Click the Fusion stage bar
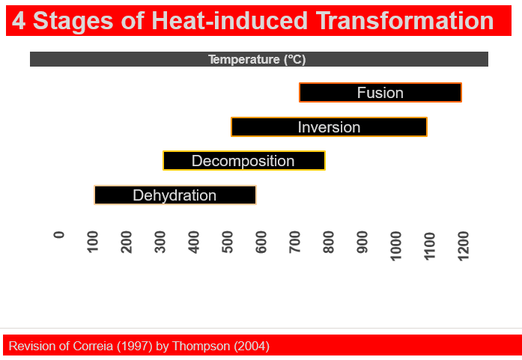[x=380, y=93]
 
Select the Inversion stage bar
[x=329, y=127]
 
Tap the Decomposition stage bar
[x=243, y=161]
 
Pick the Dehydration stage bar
[x=174, y=195]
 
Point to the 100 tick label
[x=93, y=242]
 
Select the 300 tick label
[x=160, y=242]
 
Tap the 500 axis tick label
[x=228, y=242]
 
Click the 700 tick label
[x=295, y=242]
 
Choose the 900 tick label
[x=362, y=242]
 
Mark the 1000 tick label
[x=396, y=245]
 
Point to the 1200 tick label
[x=464, y=245]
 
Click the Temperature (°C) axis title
[x=257, y=59]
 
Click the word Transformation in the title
[x=405, y=21]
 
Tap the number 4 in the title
[x=19, y=21]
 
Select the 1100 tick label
[x=430, y=245]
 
